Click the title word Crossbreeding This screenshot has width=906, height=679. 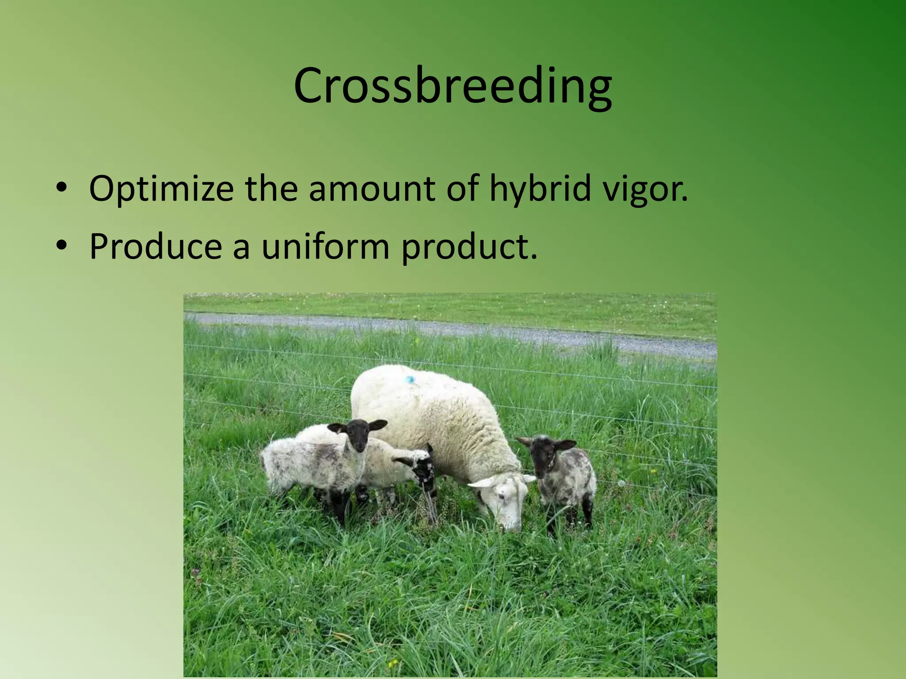(453, 86)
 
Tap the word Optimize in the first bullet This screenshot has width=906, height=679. (161, 189)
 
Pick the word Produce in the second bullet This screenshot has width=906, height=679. (155, 246)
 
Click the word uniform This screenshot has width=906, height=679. (325, 246)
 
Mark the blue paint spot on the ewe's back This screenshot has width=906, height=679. (410, 379)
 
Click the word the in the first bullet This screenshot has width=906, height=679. (271, 189)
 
